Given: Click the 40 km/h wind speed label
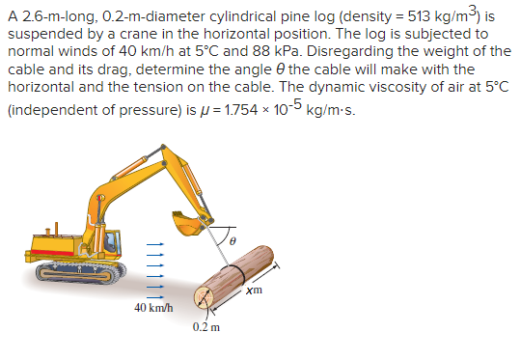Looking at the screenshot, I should (153, 307).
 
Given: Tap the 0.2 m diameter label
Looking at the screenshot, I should (206, 327).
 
